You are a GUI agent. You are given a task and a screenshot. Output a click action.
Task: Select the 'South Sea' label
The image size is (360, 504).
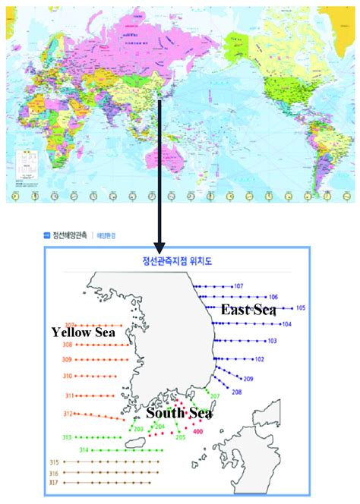[179, 413]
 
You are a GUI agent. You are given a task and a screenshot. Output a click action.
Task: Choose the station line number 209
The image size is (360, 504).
[248, 379]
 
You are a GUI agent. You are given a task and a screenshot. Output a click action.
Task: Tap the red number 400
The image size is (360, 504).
[198, 432]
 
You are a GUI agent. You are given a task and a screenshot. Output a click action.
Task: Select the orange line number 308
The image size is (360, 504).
[67, 345]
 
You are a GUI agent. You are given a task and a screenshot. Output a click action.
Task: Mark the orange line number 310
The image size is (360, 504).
[67, 376]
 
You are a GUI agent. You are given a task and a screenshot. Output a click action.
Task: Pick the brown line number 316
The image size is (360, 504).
[52, 472]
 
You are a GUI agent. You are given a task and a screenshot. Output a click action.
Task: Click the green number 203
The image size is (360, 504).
[138, 429]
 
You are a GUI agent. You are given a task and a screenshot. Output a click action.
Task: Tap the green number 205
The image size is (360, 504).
[181, 437]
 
